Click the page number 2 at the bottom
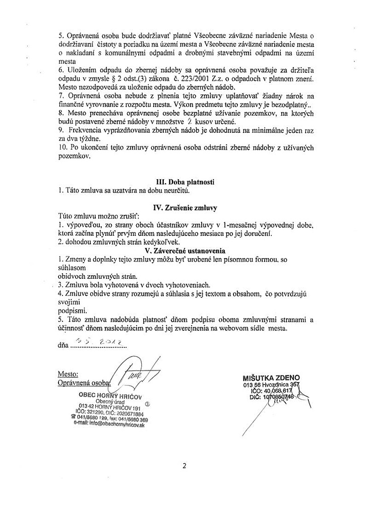[x=185, y=465]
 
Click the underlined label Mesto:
[x=68, y=375]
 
